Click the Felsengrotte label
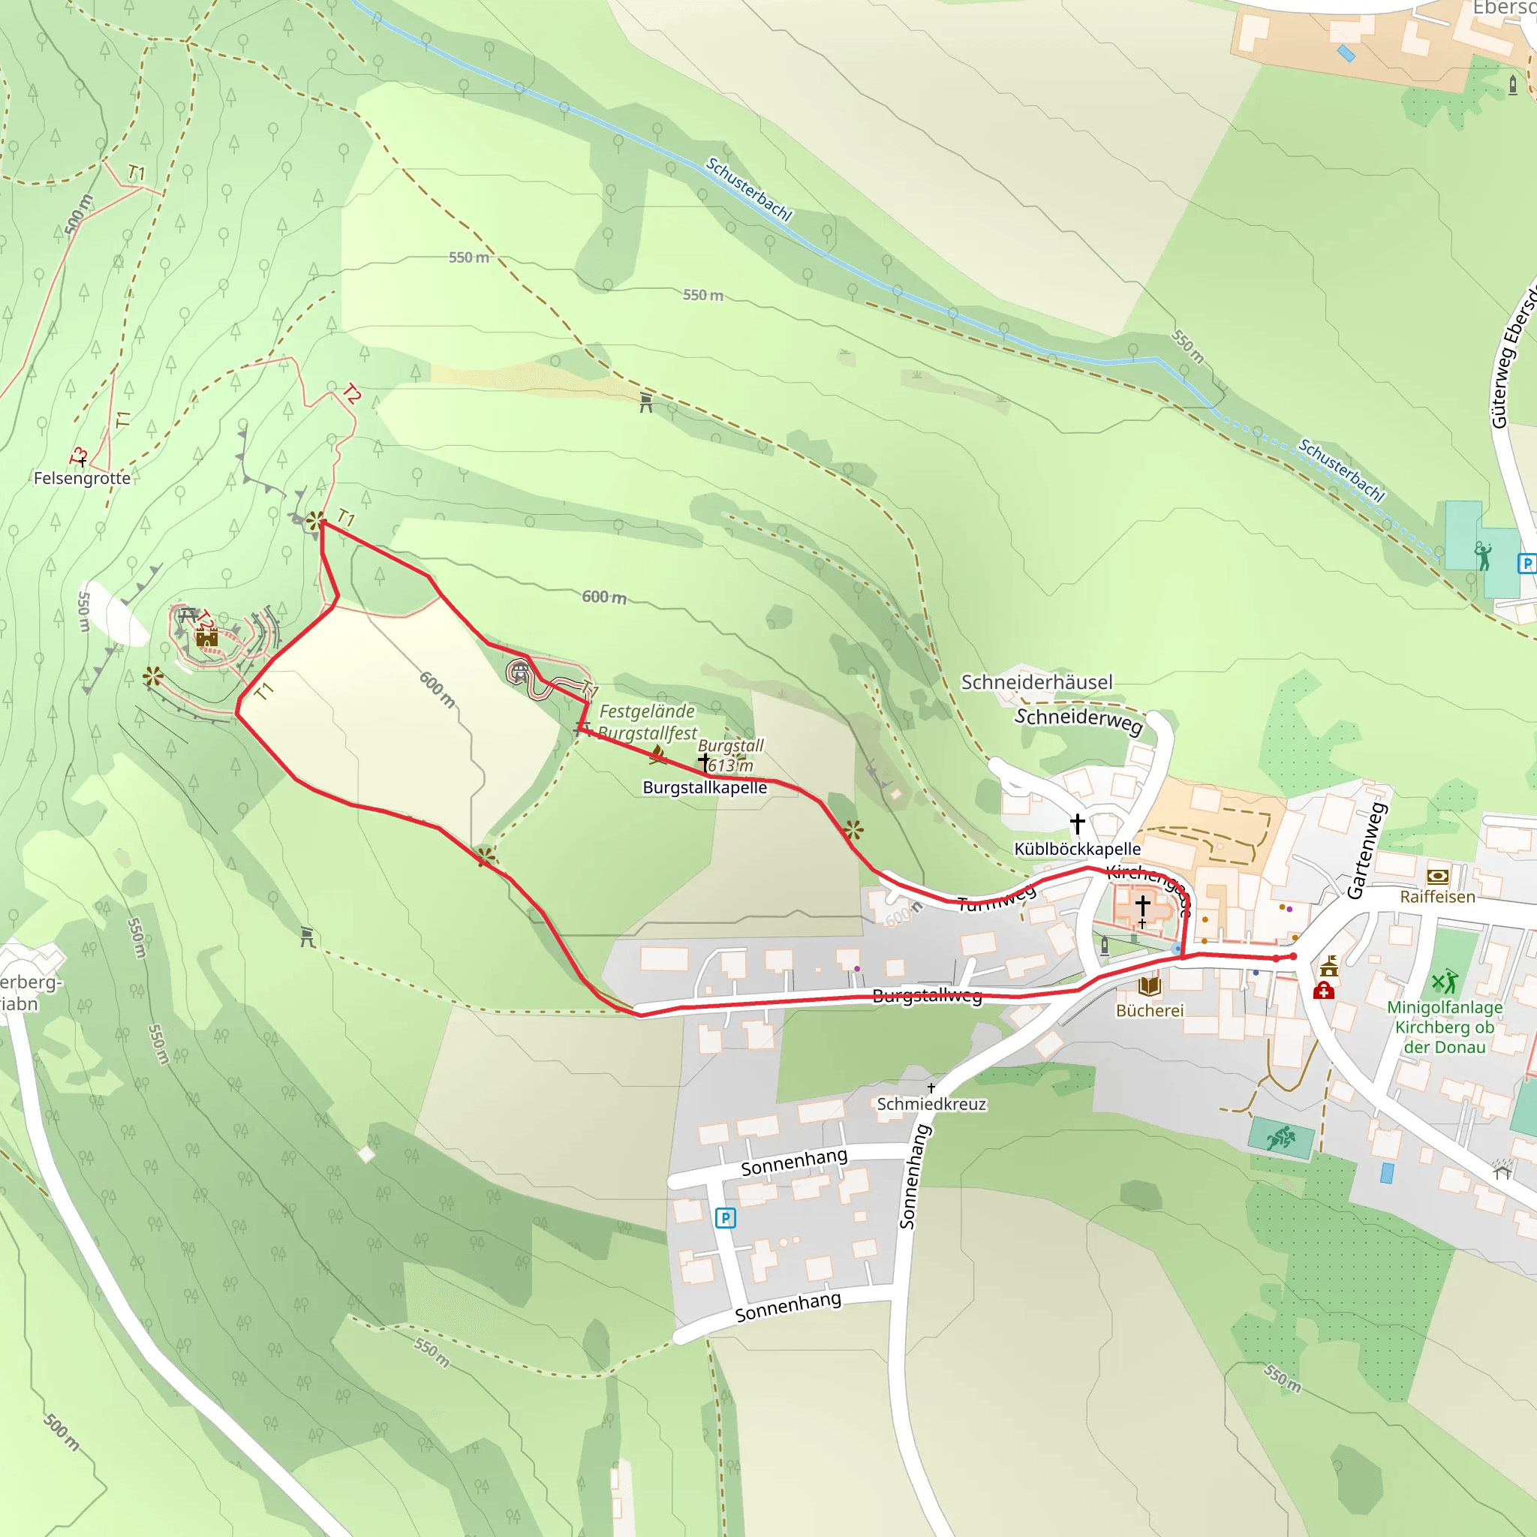tap(82, 478)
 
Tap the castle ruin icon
tap(207, 637)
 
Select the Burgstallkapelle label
tap(705, 787)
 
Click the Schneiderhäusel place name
tap(1036, 683)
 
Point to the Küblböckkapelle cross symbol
tap(1077, 823)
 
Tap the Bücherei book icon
tap(1149, 986)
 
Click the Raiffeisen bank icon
tap(1437, 877)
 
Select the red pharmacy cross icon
tap(1323, 991)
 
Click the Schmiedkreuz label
tap(931, 1104)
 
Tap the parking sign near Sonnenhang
tap(725, 1218)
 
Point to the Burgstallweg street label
tap(927, 995)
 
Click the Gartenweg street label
tap(1367, 850)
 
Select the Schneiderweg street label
tap(1078, 720)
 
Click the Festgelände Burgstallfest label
tap(647, 721)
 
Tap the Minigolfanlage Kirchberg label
tap(1444, 1027)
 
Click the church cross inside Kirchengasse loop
tap(1142, 904)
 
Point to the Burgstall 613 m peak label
tap(729, 755)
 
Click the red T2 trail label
tap(350, 393)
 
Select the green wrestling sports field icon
tap(1280, 1138)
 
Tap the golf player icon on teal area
tap(1482, 556)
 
